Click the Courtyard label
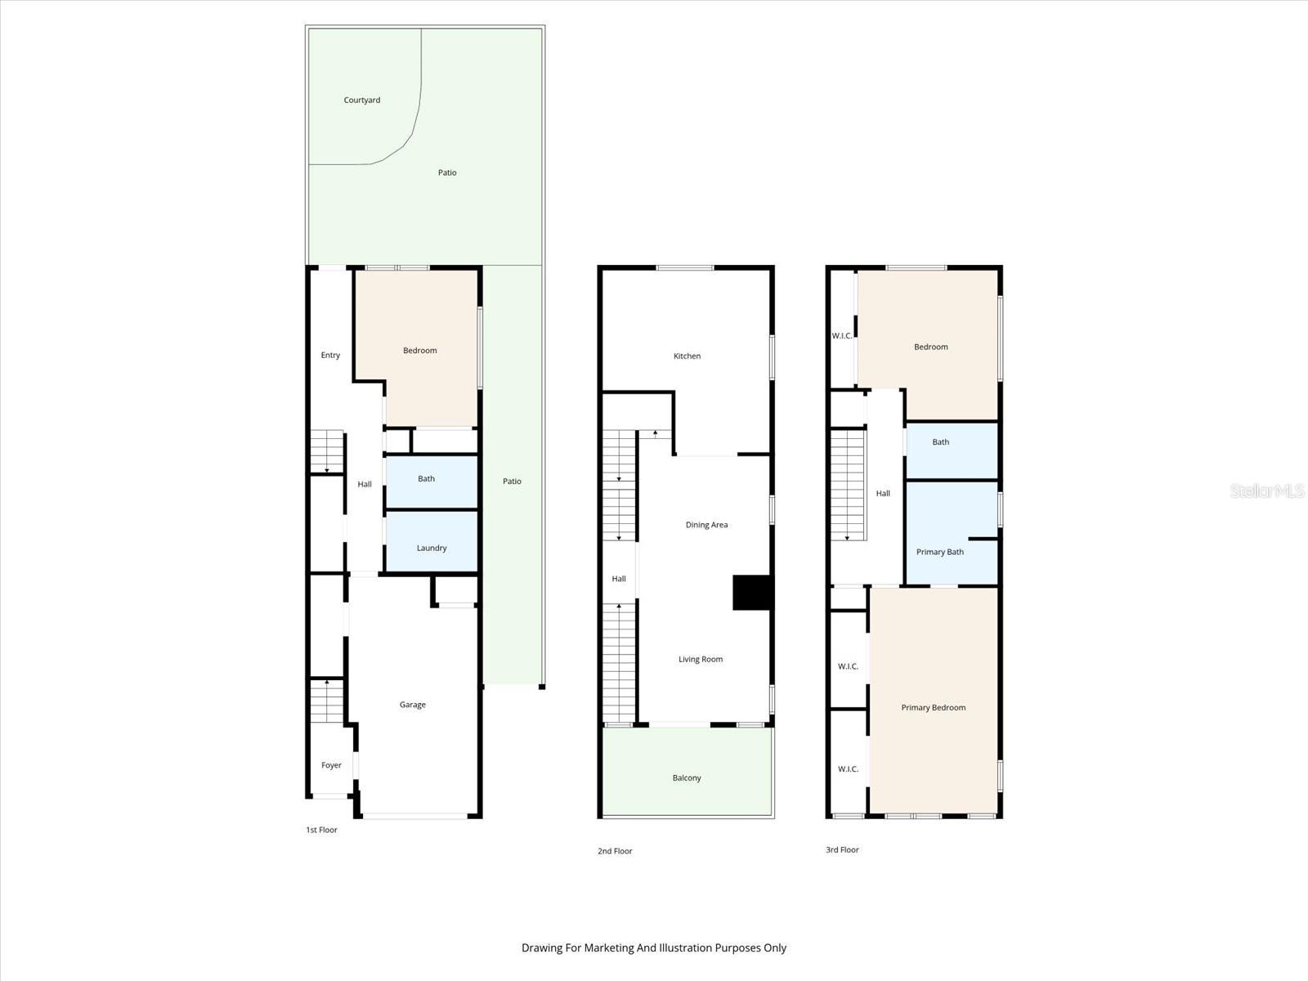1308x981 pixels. [361, 100]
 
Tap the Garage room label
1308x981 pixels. [412, 705]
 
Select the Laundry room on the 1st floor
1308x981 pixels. [432, 548]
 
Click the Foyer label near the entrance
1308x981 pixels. [331, 765]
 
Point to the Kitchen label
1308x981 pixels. [687, 356]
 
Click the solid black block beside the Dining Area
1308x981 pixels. [752, 593]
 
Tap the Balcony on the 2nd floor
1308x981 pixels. [687, 777]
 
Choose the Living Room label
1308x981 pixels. [701, 659]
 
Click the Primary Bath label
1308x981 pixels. [939, 552]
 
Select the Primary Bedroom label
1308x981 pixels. [933, 707]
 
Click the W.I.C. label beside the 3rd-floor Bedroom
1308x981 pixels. [842, 336]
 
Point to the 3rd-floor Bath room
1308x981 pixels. [941, 442]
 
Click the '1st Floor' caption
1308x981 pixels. [321, 830]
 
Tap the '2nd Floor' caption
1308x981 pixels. [615, 851]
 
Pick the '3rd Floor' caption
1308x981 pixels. [842, 849]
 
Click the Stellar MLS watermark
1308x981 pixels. [1266, 490]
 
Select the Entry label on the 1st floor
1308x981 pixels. [330, 355]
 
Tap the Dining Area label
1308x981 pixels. [706, 525]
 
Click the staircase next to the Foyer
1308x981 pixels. [327, 701]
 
